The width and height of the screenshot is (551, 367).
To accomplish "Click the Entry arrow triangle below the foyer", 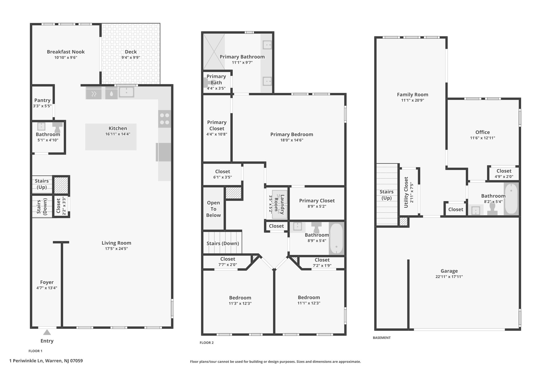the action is click(47, 332).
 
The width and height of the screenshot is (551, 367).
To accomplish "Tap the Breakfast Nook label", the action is click(66, 52).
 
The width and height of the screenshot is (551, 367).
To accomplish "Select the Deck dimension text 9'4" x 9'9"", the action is click(131, 58).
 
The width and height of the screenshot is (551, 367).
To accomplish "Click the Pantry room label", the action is click(42, 100).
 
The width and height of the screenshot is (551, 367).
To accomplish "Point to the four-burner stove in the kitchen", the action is click(165, 119).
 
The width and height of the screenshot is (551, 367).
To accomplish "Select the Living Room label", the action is click(116, 243).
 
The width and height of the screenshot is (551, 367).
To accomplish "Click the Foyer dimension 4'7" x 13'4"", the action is click(47, 288).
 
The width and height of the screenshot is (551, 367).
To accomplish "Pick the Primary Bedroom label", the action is click(292, 134).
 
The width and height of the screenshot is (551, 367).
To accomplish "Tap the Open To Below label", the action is click(213, 209).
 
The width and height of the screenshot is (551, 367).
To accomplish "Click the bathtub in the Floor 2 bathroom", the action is click(336, 239).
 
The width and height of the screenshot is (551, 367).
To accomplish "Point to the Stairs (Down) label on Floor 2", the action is click(223, 243).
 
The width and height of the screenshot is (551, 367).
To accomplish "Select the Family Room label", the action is click(412, 95).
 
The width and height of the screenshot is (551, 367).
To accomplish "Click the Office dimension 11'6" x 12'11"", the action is click(483, 138).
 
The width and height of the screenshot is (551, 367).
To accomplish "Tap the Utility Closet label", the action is click(406, 192).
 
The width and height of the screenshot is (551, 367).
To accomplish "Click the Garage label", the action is click(449, 271).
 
